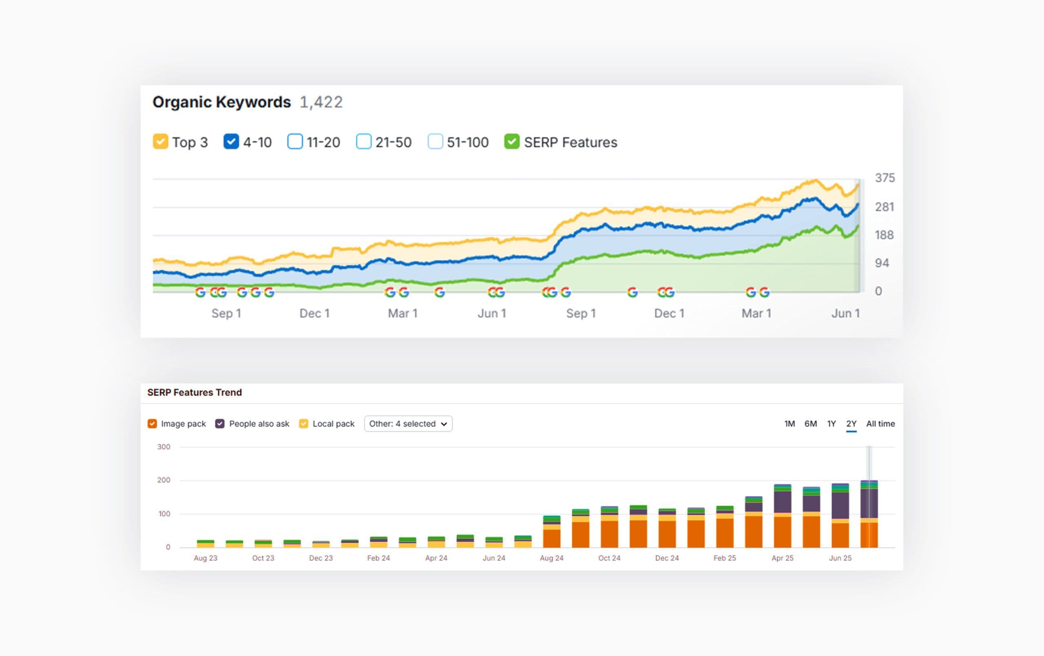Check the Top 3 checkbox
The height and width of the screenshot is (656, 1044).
[x=160, y=142]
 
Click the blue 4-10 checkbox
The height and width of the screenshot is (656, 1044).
[x=231, y=142]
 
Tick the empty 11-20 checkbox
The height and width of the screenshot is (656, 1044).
[x=295, y=142]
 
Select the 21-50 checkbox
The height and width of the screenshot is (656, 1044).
[x=363, y=142]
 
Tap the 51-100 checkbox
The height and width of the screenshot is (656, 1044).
[x=435, y=142]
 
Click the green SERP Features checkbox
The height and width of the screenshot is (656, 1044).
[x=511, y=142]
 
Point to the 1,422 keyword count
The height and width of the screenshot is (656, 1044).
[x=321, y=102]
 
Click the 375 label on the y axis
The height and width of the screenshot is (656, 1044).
[x=885, y=178]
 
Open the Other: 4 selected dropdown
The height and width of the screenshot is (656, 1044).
[x=408, y=424]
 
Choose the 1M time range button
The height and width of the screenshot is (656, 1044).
[x=789, y=424]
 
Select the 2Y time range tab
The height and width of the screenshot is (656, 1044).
[x=851, y=424]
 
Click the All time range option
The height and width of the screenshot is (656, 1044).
[x=880, y=424]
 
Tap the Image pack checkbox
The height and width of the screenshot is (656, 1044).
[x=152, y=424]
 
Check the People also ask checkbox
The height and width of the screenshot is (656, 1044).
[x=220, y=424]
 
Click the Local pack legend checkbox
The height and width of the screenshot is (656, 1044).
[x=303, y=424]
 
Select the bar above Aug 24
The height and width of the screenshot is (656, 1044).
[x=551, y=532]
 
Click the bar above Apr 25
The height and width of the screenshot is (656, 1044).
[x=782, y=516]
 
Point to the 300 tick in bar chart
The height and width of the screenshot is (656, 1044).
[x=164, y=446]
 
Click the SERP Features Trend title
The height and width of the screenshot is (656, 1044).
[x=194, y=392]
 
